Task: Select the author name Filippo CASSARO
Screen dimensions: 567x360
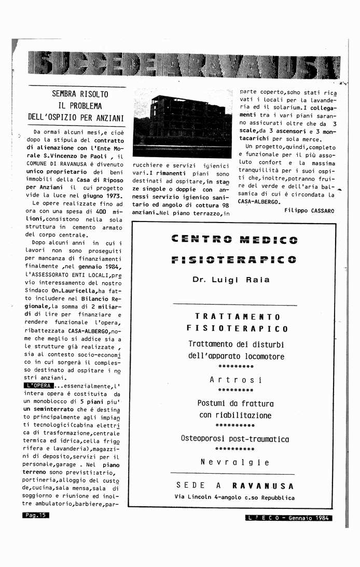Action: click(x=309, y=211)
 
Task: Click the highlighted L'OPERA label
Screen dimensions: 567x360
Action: click(x=38, y=385)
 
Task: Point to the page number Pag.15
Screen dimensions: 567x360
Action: click(x=35, y=515)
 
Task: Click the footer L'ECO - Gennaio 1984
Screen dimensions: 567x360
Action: click(x=289, y=518)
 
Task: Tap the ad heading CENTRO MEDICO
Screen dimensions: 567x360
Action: click(x=234, y=240)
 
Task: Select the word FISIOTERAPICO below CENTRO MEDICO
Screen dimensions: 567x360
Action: click(x=234, y=259)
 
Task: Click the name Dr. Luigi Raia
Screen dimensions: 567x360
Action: click(x=231, y=280)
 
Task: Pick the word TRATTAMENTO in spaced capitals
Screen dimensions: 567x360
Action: click(x=238, y=316)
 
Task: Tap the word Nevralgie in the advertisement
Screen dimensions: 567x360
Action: click(x=235, y=462)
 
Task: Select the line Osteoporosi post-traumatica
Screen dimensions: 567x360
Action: click(x=235, y=439)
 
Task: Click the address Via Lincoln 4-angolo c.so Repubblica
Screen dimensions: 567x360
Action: click(x=235, y=497)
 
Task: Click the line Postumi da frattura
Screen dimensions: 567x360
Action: click(x=236, y=403)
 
